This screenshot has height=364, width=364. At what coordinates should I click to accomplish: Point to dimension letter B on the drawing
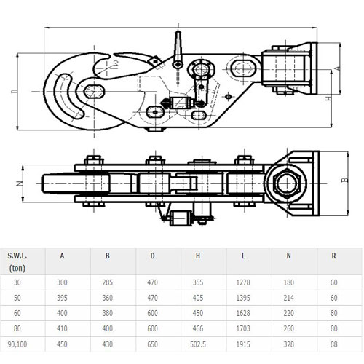coord(342,178)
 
